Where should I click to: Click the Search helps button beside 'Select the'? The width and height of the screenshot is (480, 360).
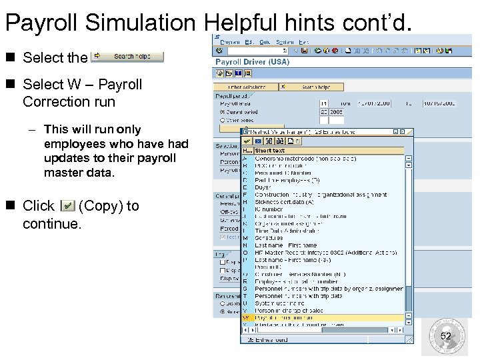pos(127,57)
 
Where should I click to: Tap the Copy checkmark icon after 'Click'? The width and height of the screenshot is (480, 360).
pos(67,206)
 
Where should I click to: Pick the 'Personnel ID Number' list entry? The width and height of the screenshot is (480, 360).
pos(283,173)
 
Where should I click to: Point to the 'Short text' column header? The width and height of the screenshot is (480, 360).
pos(269,151)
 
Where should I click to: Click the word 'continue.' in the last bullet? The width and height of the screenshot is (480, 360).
pos(52,224)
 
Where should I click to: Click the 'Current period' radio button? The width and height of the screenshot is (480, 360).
pos(222,112)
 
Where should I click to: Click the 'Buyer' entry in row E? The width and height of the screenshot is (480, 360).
pos(263,187)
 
